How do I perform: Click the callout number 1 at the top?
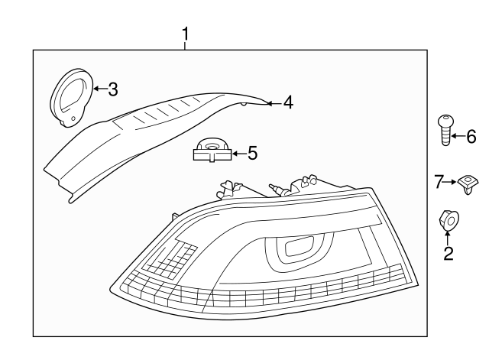(185, 34)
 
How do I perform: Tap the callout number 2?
(449, 252)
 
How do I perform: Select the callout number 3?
(112, 90)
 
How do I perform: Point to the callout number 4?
(287, 102)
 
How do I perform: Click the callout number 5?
(252, 153)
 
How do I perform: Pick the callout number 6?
(471, 137)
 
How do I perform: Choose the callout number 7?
(439, 181)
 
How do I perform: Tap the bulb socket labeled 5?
(212, 150)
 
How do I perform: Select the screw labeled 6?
(444, 131)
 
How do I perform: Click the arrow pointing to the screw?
(457, 137)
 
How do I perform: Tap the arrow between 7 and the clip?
(452, 182)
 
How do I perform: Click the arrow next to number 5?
(238, 154)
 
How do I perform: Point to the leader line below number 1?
(185, 46)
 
